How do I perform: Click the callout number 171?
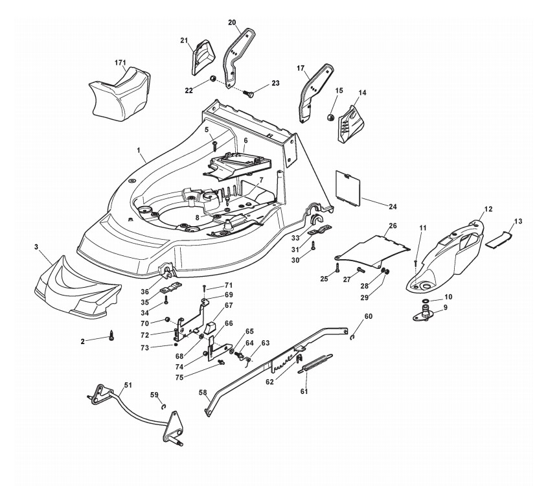pos(120,63)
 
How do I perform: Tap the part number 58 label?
pos(202,392)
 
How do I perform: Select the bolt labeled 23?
pos(249,93)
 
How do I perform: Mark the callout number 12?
pos(488,209)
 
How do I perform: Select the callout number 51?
pos(128,385)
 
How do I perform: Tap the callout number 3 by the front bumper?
pos(36,247)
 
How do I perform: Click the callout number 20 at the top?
pos(232,23)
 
